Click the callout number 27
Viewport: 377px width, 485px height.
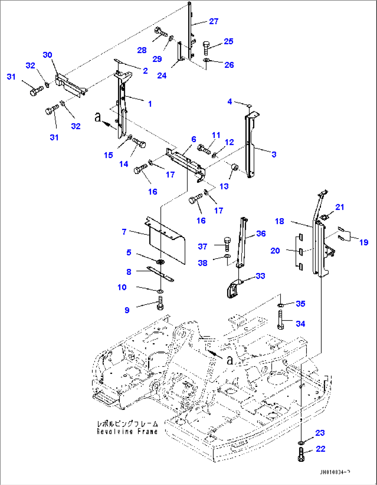[x=214, y=21]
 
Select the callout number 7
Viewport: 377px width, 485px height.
[x=124, y=232]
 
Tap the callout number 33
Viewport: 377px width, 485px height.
[x=260, y=276]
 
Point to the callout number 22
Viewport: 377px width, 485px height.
[x=321, y=449]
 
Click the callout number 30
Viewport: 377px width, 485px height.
[x=47, y=55]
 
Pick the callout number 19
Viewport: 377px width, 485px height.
[x=364, y=242]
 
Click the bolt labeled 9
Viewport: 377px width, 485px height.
[x=160, y=303]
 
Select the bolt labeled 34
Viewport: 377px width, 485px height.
[x=280, y=320]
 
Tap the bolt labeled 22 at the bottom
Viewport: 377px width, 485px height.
[x=301, y=454]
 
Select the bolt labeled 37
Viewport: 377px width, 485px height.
[x=227, y=243]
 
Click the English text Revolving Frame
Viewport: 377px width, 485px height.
[x=127, y=431]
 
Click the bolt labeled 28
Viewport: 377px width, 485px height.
[x=161, y=33]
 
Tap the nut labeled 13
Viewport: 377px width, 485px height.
[x=235, y=167]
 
